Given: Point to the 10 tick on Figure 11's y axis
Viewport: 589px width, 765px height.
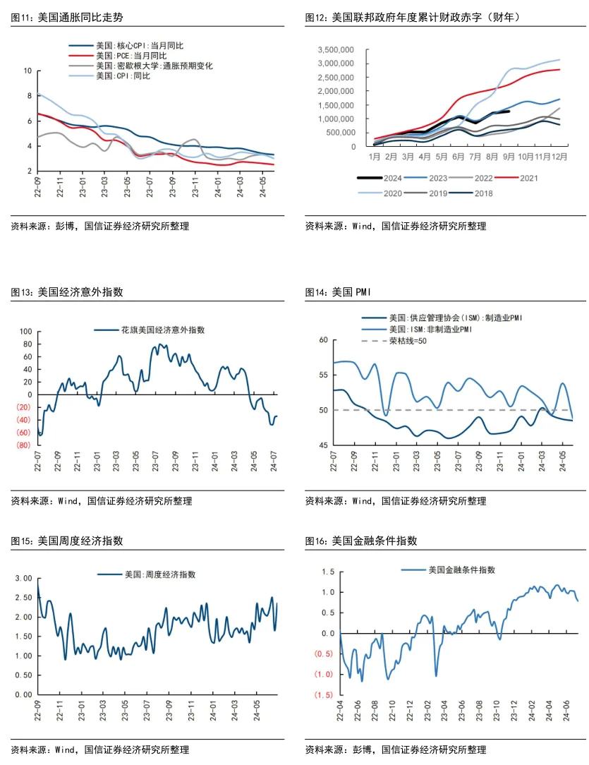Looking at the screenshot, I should coord(28,71).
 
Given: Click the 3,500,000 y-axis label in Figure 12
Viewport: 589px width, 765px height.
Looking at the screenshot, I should coord(336,50).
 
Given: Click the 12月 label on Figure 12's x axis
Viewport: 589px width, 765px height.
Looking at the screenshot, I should coord(559,156).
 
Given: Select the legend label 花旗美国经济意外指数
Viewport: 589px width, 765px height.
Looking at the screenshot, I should coord(162,330).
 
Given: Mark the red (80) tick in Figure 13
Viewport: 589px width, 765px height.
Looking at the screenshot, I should coord(23,445).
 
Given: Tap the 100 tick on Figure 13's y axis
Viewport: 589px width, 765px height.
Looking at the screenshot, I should coord(26,332).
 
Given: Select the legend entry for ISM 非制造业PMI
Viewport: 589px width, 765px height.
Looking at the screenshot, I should coord(430,330).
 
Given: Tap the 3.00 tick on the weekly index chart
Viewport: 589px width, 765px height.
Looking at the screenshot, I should coord(23,578).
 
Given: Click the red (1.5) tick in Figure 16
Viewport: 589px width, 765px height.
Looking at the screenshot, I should coord(324,695).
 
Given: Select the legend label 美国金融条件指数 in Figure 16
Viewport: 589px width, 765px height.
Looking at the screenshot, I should coord(461,570).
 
